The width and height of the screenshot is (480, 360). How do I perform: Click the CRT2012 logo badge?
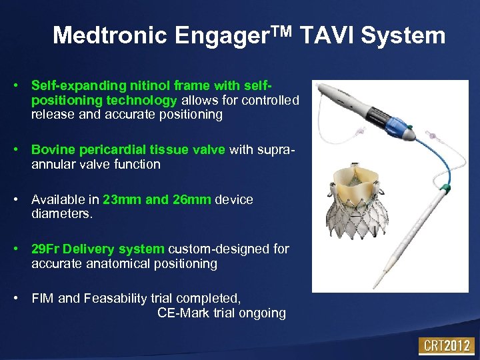[446, 346]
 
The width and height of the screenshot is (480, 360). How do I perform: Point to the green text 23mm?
[123, 200]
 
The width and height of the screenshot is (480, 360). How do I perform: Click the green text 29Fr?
[47, 249]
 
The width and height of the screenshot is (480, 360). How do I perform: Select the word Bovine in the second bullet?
[52, 150]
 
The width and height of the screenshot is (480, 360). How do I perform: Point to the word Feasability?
[118, 299]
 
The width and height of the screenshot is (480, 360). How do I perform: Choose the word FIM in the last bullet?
[43, 299]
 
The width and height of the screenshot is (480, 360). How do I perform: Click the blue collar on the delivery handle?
[401, 131]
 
